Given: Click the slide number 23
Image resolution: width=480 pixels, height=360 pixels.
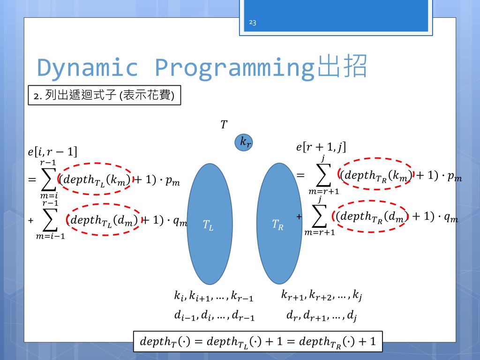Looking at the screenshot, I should (253, 22).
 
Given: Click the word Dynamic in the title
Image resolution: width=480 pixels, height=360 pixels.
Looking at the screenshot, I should (88, 67).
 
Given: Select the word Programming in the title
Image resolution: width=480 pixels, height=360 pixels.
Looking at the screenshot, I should (234, 67).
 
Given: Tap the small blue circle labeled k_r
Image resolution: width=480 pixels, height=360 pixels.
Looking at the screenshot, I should (245, 142).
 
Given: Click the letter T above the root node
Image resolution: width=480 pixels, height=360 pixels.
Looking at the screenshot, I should (224, 125).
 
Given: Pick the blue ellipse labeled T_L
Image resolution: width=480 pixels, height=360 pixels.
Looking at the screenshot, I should (210, 224).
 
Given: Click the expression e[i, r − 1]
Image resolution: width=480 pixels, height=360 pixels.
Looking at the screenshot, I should (52, 152).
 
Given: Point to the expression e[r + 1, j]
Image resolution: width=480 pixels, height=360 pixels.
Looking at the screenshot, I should (321, 147).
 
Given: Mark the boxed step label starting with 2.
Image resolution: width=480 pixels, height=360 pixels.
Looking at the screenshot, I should (104, 96).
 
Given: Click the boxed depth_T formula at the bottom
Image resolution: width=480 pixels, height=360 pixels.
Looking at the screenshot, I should (258, 342).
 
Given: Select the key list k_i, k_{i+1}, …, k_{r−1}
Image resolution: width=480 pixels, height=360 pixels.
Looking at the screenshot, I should (214, 297).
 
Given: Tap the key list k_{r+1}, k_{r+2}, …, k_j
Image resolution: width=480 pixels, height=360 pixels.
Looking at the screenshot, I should (322, 295).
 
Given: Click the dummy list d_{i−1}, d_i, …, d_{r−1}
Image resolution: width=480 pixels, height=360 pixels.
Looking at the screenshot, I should (214, 316).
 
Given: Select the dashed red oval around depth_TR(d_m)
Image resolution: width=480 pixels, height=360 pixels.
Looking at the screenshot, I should (371, 216).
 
